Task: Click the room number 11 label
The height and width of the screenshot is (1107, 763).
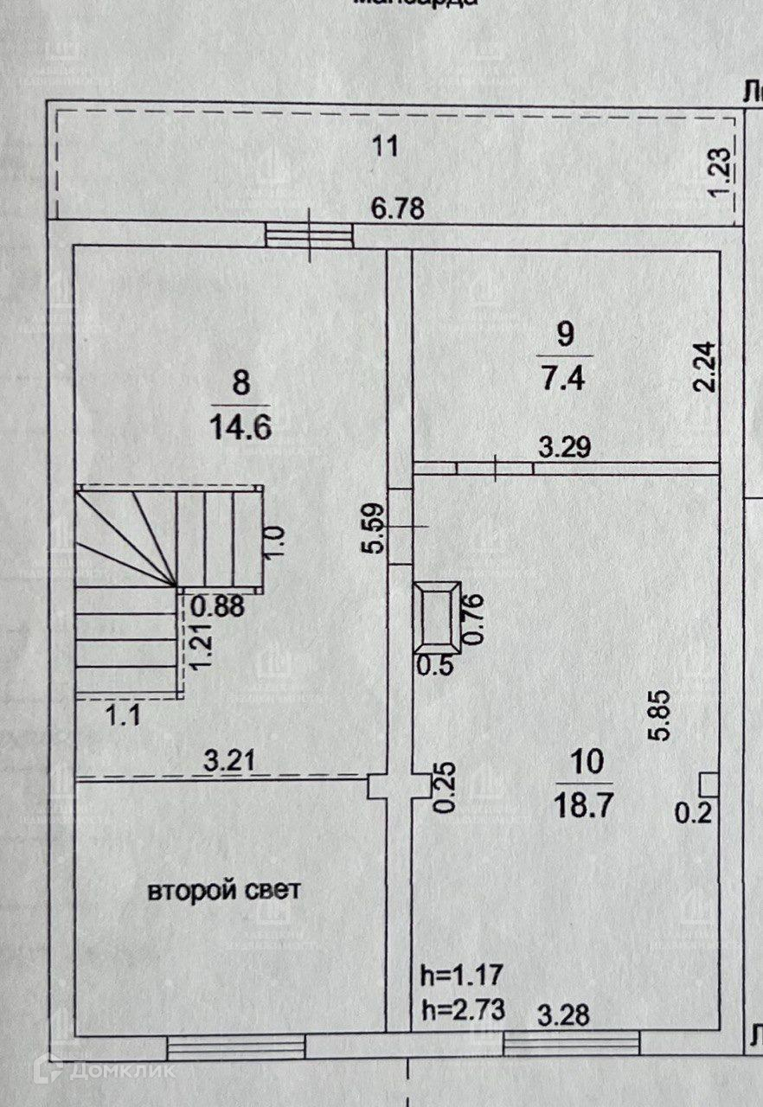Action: click(x=384, y=146)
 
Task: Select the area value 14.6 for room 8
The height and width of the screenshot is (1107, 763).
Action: click(x=240, y=426)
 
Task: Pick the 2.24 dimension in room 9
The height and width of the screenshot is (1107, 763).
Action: click(x=706, y=366)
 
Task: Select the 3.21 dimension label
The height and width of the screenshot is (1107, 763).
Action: click(x=229, y=763)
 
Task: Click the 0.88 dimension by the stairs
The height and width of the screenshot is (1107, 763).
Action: click(x=219, y=606)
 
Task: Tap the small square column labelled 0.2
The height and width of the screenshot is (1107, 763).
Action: click(x=708, y=784)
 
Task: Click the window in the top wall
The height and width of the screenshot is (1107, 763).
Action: click(x=309, y=234)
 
